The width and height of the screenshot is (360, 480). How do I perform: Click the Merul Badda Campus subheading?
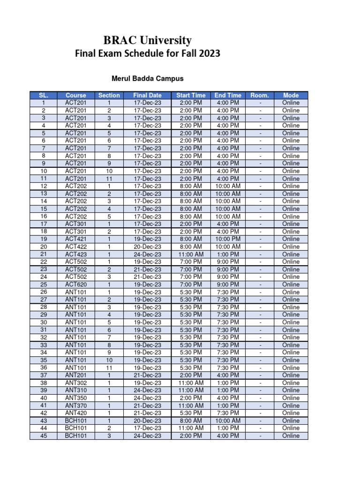click(x=147, y=78)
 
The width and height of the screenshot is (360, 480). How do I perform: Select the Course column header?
click(x=76, y=95)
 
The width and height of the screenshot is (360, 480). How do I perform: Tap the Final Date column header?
click(x=147, y=95)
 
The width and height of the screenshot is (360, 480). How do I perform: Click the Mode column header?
click(x=291, y=95)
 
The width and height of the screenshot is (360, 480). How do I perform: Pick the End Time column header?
click(x=228, y=95)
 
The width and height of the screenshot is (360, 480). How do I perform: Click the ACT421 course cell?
click(x=76, y=239)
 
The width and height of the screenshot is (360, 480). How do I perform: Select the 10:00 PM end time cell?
click(x=228, y=239)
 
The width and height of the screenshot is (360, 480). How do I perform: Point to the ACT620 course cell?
click(x=76, y=285)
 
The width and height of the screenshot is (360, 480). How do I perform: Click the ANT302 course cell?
click(x=76, y=382)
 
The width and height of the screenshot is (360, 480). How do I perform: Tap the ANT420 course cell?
click(x=76, y=413)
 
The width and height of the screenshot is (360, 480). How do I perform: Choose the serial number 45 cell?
click(x=44, y=435)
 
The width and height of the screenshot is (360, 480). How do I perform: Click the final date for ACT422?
click(x=147, y=247)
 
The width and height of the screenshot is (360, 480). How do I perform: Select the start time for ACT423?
click(x=191, y=254)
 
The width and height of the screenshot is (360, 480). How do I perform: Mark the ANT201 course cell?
click(x=76, y=375)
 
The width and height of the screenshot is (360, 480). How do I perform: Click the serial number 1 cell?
click(x=44, y=103)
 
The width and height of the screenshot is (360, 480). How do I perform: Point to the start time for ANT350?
click(x=191, y=398)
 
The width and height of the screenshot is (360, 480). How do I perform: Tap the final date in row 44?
click(x=147, y=428)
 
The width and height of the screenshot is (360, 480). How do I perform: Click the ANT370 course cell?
click(x=76, y=405)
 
